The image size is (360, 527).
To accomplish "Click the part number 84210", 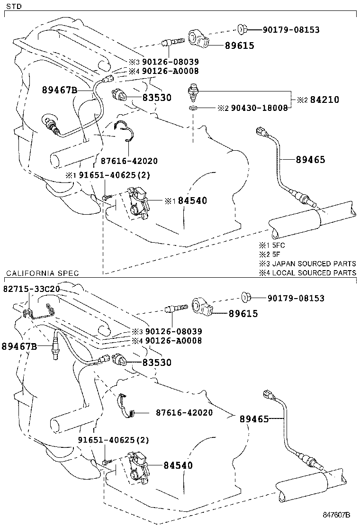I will (x=324, y=100).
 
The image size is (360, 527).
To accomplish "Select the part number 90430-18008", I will (x=259, y=108).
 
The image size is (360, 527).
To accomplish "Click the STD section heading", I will (x=12, y=6).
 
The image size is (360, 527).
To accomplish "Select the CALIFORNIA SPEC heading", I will (x=42, y=274).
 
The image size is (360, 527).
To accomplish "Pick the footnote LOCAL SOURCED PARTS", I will (x=313, y=273).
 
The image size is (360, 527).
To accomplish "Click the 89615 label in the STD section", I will (x=239, y=45).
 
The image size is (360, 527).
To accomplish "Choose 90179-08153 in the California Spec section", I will (x=296, y=298).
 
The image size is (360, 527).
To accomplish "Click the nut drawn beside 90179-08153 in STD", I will (x=241, y=30).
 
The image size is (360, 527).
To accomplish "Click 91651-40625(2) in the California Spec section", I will (x=114, y=440).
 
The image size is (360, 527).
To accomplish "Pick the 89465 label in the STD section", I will (x=311, y=160).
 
